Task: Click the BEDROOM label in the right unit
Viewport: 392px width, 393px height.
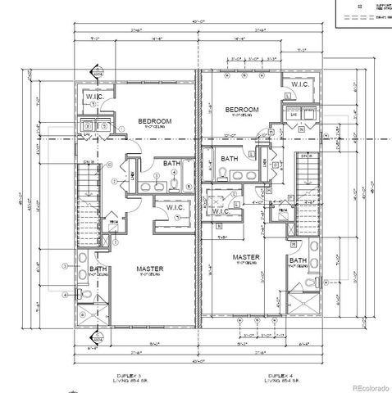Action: pyautogui.click(x=242, y=109)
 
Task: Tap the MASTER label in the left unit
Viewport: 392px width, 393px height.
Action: pyautogui.click(x=149, y=269)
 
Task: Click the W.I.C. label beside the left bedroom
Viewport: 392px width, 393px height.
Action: pyautogui.click(x=94, y=97)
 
